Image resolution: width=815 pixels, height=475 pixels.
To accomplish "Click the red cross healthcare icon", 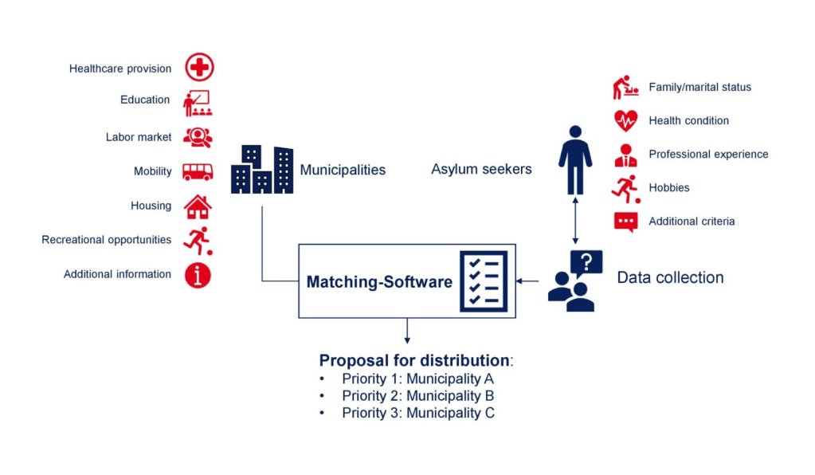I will [x=199, y=68].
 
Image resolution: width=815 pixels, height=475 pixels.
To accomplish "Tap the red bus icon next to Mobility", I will [x=198, y=171].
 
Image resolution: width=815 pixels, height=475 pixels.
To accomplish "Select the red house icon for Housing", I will [x=198, y=206].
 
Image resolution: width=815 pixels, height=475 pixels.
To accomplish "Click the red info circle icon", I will [x=198, y=274].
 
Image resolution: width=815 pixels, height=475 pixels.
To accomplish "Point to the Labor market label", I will [x=139, y=137].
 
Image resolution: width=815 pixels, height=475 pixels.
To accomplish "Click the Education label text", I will [x=145, y=100].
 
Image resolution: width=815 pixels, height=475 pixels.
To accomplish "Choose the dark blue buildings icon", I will [x=262, y=170].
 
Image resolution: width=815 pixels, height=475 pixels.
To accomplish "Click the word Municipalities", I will [x=343, y=170].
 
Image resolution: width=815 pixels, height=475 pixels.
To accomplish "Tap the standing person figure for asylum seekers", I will [x=574, y=159].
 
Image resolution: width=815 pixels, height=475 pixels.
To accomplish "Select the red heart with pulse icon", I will [x=625, y=120].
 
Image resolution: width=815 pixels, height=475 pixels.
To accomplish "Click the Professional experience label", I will [x=708, y=154].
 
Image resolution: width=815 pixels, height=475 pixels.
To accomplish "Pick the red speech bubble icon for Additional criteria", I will [x=625, y=222].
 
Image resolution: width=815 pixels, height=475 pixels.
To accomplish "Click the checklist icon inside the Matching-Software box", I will [x=483, y=281].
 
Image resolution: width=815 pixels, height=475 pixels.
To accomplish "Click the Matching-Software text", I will [x=379, y=282].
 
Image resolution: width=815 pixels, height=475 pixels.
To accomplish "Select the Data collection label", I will [x=670, y=278].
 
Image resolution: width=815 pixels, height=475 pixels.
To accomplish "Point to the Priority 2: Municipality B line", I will [x=417, y=396].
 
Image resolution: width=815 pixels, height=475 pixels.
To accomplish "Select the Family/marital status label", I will [x=699, y=87].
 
